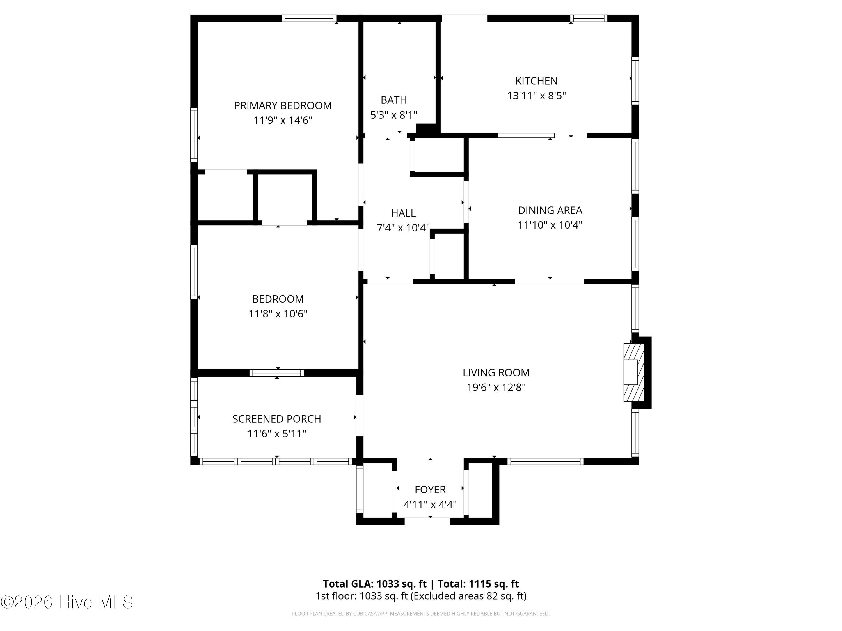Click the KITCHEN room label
click(x=536, y=81)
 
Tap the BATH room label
click(x=393, y=100)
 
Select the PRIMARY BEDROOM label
click(x=282, y=106)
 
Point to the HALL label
click(x=403, y=213)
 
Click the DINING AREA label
click(x=550, y=210)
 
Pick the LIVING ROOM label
click(x=496, y=373)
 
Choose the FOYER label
click(x=430, y=489)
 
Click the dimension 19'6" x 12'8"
click(x=496, y=388)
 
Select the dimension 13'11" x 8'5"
click(x=536, y=96)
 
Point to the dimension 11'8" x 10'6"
click(x=278, y=314)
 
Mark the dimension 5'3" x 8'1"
click(x=393, y=115)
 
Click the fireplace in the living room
click(x=633, y=372)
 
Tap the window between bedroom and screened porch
click(x=277, y=373)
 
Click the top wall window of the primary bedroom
click(x=309, y=18)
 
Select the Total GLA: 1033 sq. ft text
click(x=375, y=584)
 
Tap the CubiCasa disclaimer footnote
click(x=421, y=614)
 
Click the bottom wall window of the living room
click(x=545, y=461)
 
